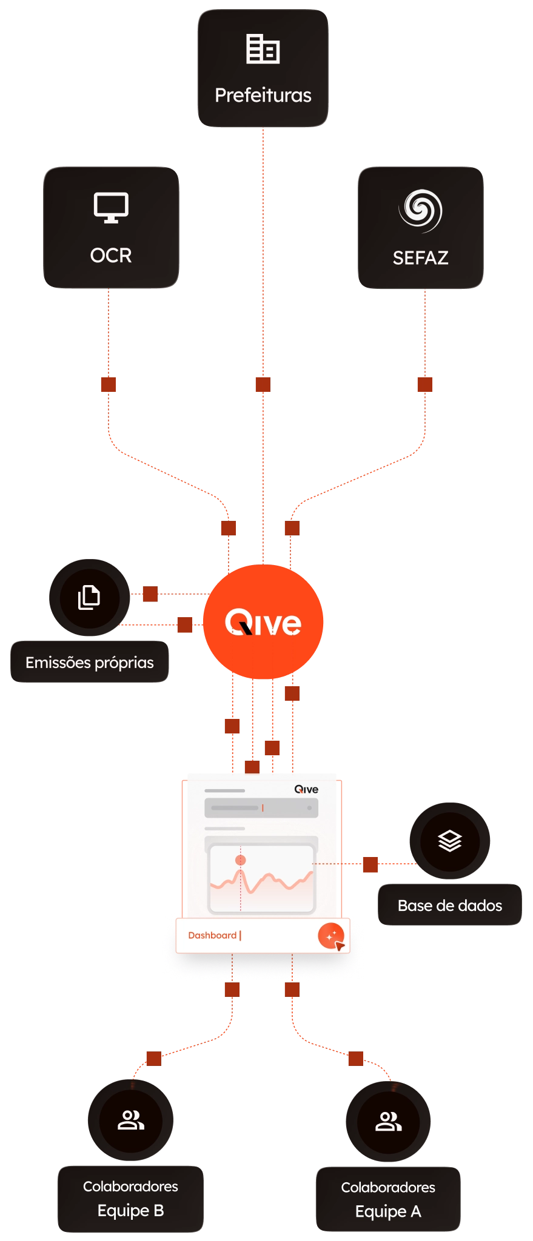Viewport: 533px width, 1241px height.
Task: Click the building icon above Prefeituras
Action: coord(263,49)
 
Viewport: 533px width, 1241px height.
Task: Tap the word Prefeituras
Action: coord(263,95)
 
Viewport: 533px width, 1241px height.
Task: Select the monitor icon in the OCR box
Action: coord(111,208)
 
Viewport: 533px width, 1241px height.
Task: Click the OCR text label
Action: coord(111,255)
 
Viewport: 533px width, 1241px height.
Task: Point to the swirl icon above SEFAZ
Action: coord(420,211)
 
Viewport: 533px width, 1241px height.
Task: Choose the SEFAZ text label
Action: coord(420,258)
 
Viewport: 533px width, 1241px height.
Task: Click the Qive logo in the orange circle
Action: coord(263,623)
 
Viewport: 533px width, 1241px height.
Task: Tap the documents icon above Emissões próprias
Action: coord(89,597)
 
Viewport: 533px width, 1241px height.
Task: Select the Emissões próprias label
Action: coord(90,663)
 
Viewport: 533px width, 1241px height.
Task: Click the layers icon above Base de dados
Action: coord(450,841)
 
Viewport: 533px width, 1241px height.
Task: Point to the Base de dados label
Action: coord(450,905)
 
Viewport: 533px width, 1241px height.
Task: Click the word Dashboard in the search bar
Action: coord(212,935)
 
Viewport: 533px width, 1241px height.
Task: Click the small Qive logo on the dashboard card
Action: coord(306,789)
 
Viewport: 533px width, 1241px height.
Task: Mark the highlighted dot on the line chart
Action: coord(241,860)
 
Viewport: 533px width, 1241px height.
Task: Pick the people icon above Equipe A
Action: coord(389,1121)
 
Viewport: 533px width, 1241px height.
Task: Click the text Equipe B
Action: coord(131,1210)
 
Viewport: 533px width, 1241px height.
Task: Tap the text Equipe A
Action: coord(388,1211)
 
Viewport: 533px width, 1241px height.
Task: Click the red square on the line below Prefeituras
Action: coord(263,383)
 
